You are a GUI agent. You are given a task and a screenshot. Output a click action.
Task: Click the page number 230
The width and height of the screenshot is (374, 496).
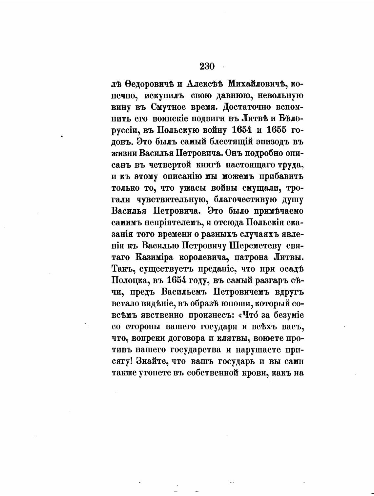pos(207,67)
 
